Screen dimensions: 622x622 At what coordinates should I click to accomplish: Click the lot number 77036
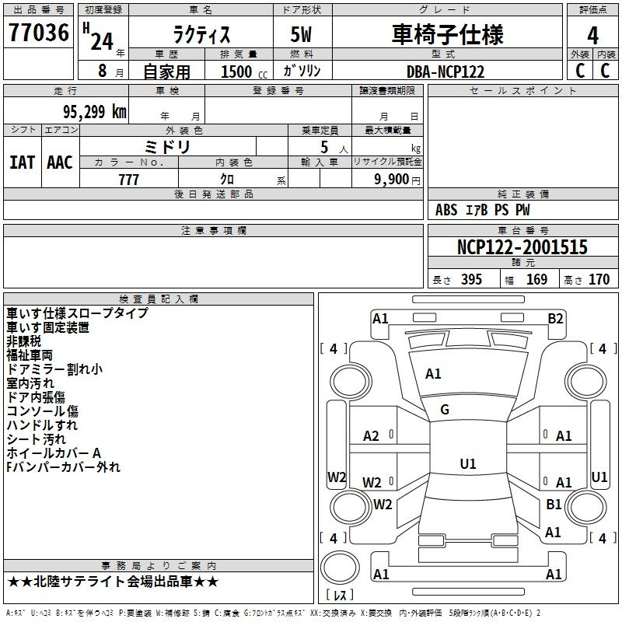pyautogui.click(x=39, y=33)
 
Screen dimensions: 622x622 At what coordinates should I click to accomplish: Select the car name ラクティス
pyautogui.click(x=200, y=35)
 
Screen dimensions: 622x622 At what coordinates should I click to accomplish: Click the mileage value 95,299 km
pyautogui.click(x=89, y=112)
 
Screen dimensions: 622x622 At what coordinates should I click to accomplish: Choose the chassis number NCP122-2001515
pyautogui.click(x=522, y=248)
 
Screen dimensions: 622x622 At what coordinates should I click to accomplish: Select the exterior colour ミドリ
pyautogui.click(x=167, y=146)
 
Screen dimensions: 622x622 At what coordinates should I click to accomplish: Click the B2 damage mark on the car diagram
pyautogui.click(x=555, y=318)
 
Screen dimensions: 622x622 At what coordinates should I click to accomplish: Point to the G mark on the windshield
pyautogui.click(x=445, y=410)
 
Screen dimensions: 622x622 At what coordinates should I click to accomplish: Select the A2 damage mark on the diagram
pyautogui.click(x=372, y=436)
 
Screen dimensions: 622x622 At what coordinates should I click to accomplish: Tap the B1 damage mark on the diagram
pyautogui.click(x=554, y=505)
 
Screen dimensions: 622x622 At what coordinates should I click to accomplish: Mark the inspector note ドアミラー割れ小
pyautogui.click(x=54, y=369)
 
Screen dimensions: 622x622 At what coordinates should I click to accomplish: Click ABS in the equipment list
pyautogui.click(x=446, y=210)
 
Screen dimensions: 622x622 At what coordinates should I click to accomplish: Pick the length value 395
pyautogui.click(x=469, y=280)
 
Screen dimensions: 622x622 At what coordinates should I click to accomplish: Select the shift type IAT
pyautogui.click(x=22, y=162)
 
